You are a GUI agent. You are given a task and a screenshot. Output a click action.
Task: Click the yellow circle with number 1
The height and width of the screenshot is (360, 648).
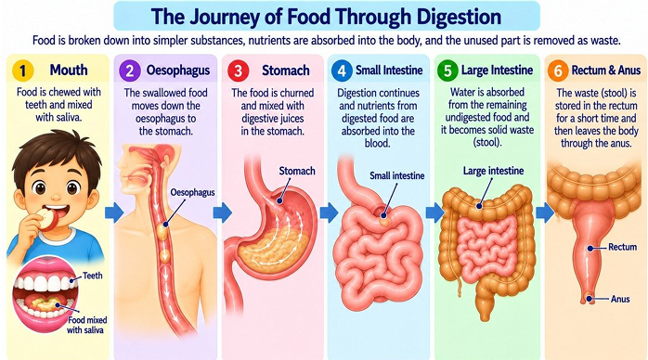[22, 71]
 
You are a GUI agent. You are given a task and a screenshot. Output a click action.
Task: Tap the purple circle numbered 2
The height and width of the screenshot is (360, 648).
[130, 71]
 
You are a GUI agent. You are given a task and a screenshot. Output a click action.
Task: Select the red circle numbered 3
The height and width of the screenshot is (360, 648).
[238, 71]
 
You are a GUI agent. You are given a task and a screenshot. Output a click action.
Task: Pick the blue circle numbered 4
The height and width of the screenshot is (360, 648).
[342, 71]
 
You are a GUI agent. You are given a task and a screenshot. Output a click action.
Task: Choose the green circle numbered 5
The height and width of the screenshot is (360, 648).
[447, 71]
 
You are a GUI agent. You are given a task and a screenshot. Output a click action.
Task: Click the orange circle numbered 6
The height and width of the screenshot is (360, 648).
[558, 71]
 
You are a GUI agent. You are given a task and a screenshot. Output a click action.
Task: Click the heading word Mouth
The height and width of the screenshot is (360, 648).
[69, 70]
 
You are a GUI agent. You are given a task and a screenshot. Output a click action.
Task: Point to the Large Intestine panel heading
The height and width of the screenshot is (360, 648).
[498, 71]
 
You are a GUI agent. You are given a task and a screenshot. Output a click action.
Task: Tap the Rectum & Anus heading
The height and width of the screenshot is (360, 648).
[606, 71]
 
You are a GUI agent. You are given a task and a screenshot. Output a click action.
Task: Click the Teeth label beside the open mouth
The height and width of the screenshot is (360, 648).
[92, 276]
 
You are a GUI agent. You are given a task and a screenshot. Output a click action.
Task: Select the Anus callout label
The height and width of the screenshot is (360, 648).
[620, 299]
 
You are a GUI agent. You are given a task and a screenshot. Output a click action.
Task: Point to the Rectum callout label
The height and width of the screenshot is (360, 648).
[622, 247]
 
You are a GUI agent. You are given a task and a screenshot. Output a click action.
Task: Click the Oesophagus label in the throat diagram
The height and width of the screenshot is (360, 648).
[192, 192]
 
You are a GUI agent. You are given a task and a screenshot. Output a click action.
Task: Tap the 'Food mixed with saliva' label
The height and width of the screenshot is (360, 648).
[86, 325]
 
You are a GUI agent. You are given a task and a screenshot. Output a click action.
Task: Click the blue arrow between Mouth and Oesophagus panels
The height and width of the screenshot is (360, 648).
[114, 212]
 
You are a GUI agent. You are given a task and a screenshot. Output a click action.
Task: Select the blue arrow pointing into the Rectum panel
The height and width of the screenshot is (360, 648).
[545, 212]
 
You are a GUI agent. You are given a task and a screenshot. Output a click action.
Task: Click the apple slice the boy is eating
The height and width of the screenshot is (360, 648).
[46, 219]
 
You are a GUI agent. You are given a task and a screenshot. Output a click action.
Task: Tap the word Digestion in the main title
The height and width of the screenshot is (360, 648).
[459, 17]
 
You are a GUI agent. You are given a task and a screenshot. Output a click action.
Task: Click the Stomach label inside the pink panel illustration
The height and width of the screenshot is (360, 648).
[297, 171]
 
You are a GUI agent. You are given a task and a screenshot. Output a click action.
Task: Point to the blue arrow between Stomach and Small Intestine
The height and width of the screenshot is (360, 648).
[329, 212]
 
